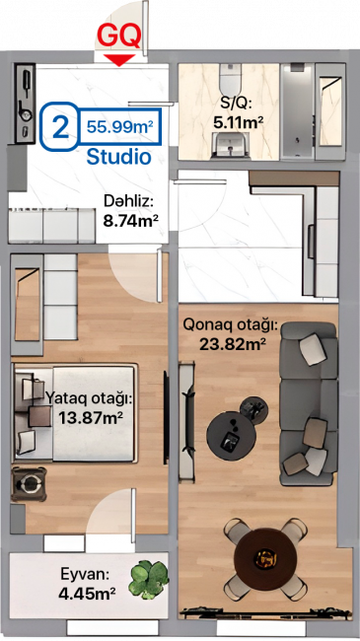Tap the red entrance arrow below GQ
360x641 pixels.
[x=119, y=60]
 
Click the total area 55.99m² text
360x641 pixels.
[x=119, y=127]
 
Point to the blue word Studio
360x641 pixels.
[x=119, y=156]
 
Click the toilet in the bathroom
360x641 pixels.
[x=231, y=80]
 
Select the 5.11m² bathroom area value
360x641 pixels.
[x=238, y=122]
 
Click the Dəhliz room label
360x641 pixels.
[x=128, y=201]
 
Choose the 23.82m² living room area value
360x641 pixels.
[x=233, y=344]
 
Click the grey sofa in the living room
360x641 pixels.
[x=308, y=403]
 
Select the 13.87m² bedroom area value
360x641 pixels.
[x=91, y=418]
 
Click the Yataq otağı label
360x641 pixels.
[x=89, y=398]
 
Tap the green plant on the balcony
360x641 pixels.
[x=149, y=578]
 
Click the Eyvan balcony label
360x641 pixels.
[x=85, y=574]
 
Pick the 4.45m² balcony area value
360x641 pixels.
[x=87, y=593]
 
